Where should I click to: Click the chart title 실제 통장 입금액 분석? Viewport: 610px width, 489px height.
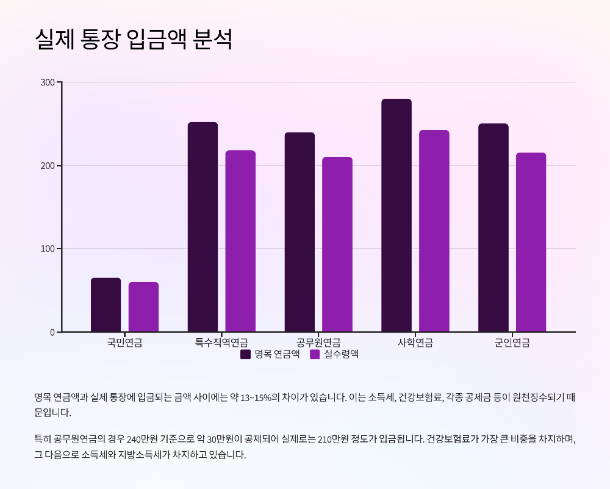point(134,39)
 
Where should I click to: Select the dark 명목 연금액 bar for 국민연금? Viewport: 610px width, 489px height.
point(106,305)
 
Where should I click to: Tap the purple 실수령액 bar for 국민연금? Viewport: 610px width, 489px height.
point(143,307)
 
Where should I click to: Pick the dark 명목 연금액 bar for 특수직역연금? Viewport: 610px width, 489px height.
point(203,227)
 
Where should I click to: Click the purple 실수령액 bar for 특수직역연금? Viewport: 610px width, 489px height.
point(240,241)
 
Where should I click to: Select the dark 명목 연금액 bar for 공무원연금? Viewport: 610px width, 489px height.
point(300,232)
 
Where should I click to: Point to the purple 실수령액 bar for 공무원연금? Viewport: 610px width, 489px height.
point(337,244)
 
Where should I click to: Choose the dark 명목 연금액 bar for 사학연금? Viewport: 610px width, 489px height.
point(396,216)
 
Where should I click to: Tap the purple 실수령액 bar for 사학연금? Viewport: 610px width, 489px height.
point(434,231)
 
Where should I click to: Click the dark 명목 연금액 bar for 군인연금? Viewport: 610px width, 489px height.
point(493,228)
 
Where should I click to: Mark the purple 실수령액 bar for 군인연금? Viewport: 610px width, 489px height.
point(531,242)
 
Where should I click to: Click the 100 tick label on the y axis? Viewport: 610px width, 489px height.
point(48,249)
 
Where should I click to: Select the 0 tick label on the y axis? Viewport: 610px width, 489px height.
point(52,332)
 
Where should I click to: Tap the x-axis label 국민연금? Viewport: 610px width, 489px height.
point(124,342)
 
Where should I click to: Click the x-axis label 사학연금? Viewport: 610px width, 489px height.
point(415,342)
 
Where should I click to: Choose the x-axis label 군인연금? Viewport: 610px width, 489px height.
point(512,342)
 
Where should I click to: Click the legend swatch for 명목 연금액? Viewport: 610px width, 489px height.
point(246,354)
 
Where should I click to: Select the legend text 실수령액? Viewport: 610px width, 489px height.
point(341,354)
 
